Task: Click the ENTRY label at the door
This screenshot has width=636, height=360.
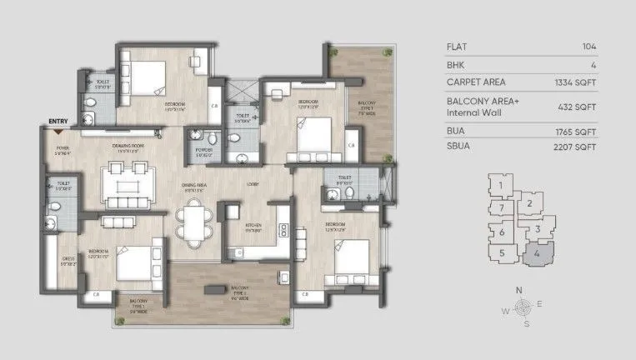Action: click(x=58, y=122)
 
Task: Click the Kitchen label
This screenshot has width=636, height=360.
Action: click(x=254, y=225)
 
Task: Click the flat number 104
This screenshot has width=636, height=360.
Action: click(x=593, y=46)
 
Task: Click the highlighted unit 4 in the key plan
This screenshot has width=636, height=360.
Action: click(x=538, y=252)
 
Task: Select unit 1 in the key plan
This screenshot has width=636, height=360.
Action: click(x=500, y=185)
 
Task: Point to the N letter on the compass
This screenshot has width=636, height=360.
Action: click(x=519, y=291)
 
